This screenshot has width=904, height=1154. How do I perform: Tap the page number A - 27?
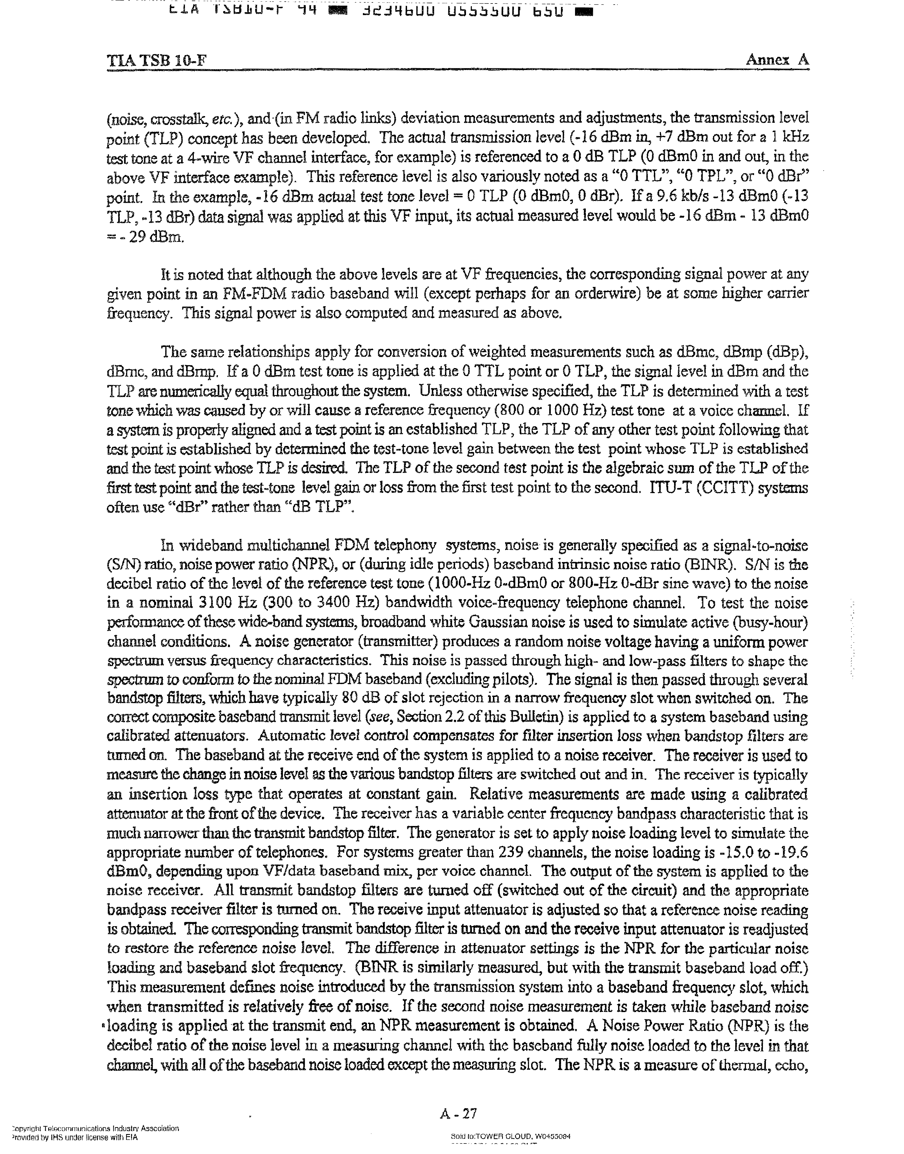pos(458,1114)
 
